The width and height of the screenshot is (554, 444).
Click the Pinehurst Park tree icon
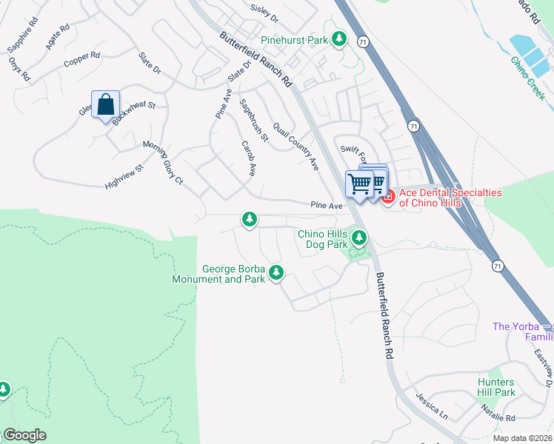coord(339,38)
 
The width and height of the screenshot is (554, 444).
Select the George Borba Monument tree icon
coord(276,273)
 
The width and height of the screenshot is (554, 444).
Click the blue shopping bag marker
coord(105,105)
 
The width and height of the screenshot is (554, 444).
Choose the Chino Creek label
coord(528,83)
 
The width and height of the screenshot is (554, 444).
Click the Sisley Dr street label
coord(264,12)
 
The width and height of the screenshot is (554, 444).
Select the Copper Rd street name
coord(81,59)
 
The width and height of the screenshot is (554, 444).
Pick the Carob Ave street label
coord(248,158)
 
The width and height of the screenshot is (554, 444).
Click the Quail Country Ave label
coord(295,145)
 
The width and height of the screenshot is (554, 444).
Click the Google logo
coord(24,435)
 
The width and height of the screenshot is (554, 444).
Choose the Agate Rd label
coord(57,37)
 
